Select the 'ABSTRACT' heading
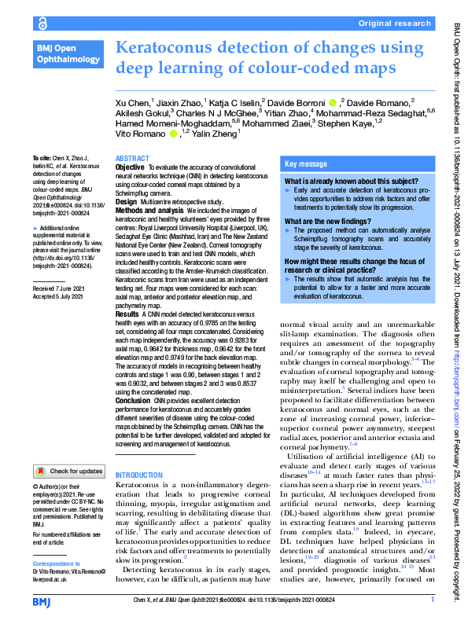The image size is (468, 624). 131,158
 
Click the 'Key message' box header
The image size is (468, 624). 306,164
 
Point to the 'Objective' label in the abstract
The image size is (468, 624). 130,167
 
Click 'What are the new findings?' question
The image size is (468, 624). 330,222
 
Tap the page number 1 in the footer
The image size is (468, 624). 432,601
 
